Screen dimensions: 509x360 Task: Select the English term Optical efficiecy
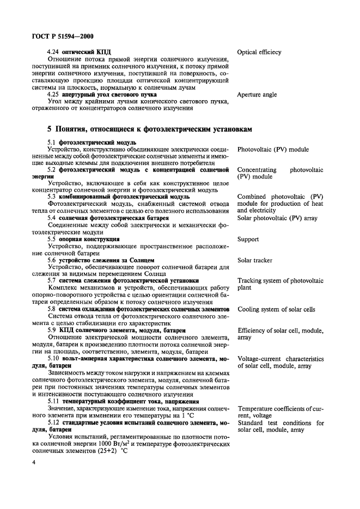click(259, 52)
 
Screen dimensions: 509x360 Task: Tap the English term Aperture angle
click(257, 95)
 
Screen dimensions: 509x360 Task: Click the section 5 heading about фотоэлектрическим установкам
click(150, 130)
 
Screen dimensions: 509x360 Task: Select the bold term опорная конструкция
click(90, 239)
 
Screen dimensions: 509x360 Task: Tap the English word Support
click(248, 240)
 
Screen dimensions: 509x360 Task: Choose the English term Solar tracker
click(255, 261)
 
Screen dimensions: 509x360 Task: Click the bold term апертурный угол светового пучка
click(107, 94)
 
